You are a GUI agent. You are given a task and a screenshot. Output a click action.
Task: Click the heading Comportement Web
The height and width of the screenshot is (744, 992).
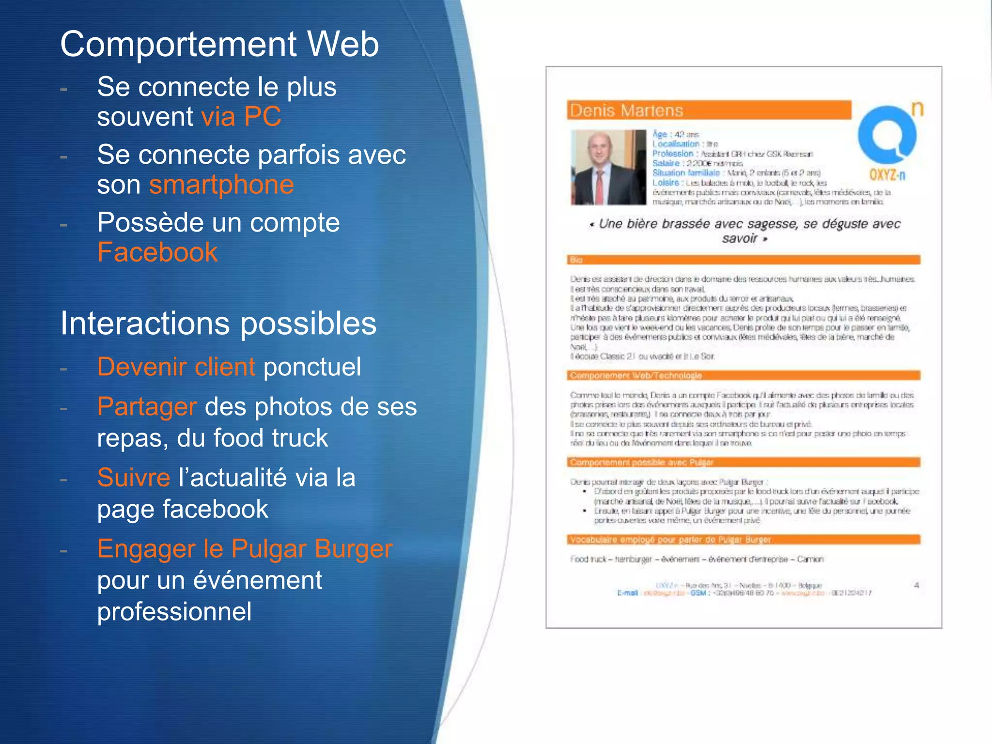(x=219, y=44)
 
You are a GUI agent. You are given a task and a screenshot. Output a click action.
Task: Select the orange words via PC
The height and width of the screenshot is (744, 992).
(x=241, y=117)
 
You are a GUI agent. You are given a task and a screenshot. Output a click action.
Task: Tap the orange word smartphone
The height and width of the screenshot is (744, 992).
(x=221, y=185)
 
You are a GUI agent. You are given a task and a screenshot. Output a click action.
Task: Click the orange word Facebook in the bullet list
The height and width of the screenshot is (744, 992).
(x=157, y=252)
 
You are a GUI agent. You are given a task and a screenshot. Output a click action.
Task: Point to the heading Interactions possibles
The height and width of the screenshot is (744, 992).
(x=218, y=323)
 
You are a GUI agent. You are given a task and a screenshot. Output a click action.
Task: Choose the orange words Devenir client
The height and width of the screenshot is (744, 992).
(x=176, y=367)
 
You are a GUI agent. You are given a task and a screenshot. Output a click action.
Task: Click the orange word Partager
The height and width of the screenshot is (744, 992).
(x=147, y=406)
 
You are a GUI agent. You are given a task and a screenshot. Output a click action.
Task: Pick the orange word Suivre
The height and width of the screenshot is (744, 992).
(x=133, y=478)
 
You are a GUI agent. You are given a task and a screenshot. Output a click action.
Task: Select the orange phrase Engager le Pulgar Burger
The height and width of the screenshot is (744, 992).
(x=245, y=549)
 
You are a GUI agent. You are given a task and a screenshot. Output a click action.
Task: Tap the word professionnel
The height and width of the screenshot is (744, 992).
(x=174, y=611)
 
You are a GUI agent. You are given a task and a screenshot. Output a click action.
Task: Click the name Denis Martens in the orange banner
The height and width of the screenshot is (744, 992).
(x=626, y=110)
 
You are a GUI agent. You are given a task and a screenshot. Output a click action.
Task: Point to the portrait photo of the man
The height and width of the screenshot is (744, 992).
(x=608, y=167)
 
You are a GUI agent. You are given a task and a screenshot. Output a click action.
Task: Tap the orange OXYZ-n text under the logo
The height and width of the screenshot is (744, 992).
(x=887, y=174)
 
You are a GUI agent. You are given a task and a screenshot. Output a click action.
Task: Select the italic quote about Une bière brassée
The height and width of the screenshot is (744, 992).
(x=744, y=231)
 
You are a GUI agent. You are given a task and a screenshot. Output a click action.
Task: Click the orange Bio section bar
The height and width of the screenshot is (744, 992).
(x=743, y=260)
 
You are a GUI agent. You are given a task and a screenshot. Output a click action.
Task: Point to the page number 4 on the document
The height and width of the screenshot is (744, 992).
(x=916, y=585)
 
